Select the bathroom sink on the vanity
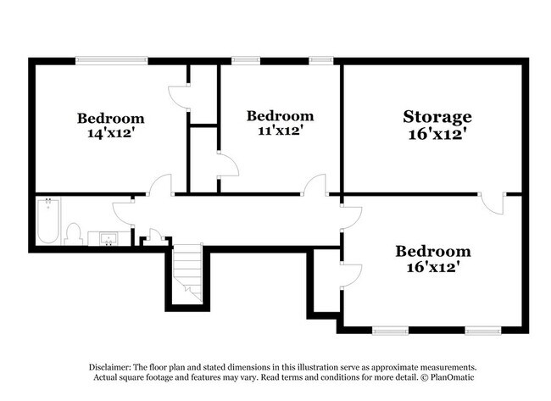click(109, 239)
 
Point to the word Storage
click(437, 116)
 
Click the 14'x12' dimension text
click(110, 134)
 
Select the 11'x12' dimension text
click(280, 131)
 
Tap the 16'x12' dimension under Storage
click(437, 134)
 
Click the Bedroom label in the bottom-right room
click(432, 251)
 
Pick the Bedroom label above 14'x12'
click(110, 118)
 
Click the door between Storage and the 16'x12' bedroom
click(492, 204)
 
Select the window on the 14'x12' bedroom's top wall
click(111, 60)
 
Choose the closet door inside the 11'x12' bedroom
click(227, 164)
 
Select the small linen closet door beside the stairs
click(155, 235)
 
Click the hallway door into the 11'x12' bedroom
click(314, 185)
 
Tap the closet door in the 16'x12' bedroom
click(351, 274)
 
